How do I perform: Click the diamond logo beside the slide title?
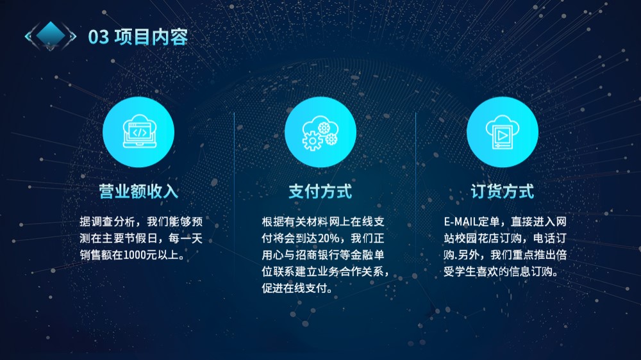pos(50,35)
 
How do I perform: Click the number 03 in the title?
pos(99,37)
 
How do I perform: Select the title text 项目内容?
pos(151,37)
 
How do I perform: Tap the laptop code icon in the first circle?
pos(139,131)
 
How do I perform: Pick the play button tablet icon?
pos(503,131)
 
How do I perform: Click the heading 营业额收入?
pos(138,192)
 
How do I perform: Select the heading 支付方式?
pos(320,192)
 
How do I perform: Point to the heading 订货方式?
pos(503,192)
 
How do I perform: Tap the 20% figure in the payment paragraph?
pos(328,238)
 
